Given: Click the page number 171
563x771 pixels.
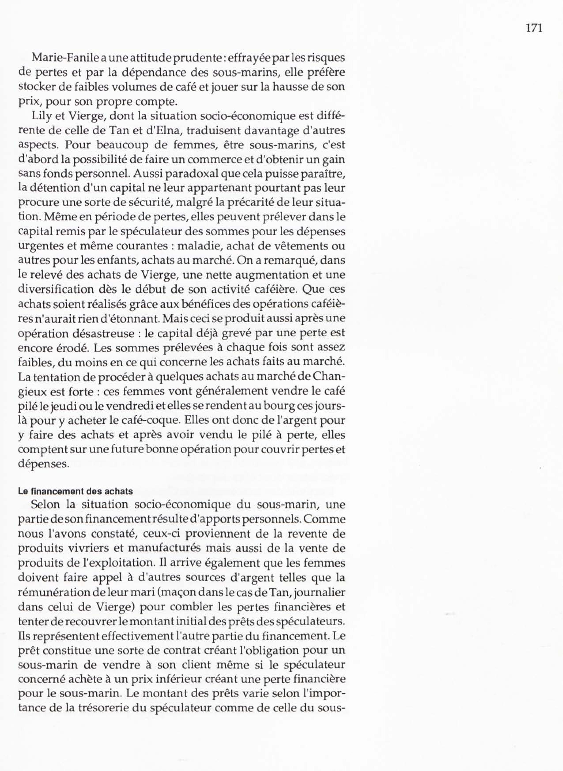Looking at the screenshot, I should click(534, 28).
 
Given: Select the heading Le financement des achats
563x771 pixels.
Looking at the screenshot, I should click(75, 491).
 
